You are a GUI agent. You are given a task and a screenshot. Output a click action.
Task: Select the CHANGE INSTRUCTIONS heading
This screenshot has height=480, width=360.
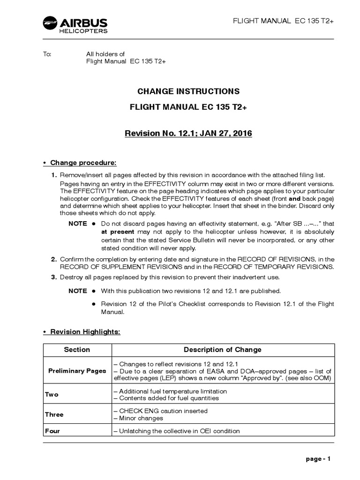click(x=188, y=91)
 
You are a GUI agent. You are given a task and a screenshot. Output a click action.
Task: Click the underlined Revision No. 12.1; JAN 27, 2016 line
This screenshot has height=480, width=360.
click(x=188, y=134)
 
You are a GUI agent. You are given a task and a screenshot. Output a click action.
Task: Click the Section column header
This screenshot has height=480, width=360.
click(x=77, y=350)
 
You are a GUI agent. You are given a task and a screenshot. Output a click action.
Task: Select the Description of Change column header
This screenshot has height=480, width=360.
click(x=222, y=350)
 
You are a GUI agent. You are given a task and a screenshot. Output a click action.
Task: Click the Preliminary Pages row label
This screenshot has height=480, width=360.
click(x=77, y=371)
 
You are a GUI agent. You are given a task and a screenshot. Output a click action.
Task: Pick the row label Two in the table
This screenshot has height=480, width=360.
click(x=52, y=395)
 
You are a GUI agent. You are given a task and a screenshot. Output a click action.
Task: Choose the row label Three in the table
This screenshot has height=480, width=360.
click(x=54, y=414)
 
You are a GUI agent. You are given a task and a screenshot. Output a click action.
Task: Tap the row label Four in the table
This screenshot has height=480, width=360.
click(x=52, y=431)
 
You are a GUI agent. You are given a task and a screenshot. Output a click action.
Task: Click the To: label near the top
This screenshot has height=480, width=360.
click(x=47, y=54)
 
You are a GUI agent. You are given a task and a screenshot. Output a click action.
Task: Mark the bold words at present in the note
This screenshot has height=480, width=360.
click(x=118, y=232)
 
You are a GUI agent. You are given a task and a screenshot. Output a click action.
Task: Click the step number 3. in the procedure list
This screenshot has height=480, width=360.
click(x=54, y=277)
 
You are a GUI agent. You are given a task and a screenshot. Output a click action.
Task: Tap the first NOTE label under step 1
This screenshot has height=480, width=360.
click(x=77, y=224)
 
